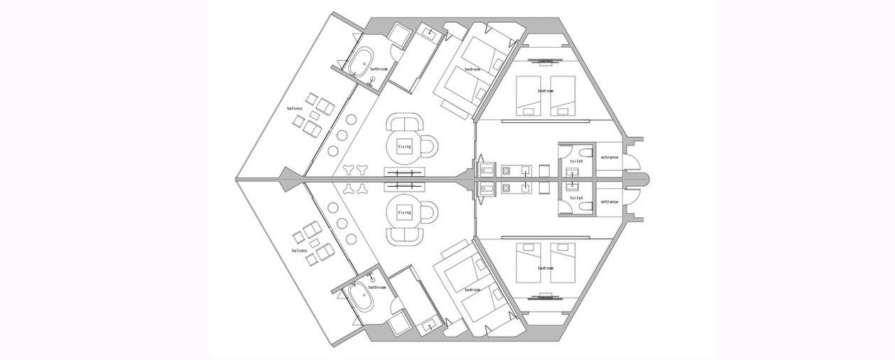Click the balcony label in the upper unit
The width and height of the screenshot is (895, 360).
tap(295, 108)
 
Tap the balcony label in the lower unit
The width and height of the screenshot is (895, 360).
tap(299, 251)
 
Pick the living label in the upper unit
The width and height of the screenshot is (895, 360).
tap(404, 147)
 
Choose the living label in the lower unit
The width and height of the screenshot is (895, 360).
tap(404, 212)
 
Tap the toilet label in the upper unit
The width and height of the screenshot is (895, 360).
tap(577, 161)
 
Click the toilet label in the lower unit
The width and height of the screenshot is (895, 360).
tap(577, 198)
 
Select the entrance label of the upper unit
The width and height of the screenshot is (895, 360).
tap(609, 157)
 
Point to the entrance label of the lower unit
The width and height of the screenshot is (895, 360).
tap(609, 202)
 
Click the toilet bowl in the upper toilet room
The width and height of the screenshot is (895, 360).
tap(587, 153)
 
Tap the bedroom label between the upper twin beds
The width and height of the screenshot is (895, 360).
tap(546, 91)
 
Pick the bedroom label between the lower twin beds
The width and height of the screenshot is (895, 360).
tap(546, 268)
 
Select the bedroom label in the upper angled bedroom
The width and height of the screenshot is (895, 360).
tap(472, 69)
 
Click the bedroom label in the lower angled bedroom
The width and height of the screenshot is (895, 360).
tap(472, 290)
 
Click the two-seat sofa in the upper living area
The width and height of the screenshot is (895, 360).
tap(405, 122)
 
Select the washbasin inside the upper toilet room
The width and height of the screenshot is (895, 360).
tap(573, 173)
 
